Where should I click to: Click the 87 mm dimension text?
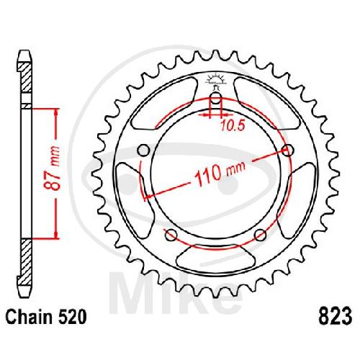tap(52, 167)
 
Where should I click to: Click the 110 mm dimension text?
tap(220, 171)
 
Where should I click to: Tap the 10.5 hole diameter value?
tap(233, 126)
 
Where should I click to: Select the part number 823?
tap(335, 316)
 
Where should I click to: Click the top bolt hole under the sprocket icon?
tap(216, 99)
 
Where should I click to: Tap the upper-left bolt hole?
tap(144, 150)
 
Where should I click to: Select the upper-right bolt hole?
tap(288, 150)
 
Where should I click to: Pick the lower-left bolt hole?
tap(171, 235)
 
